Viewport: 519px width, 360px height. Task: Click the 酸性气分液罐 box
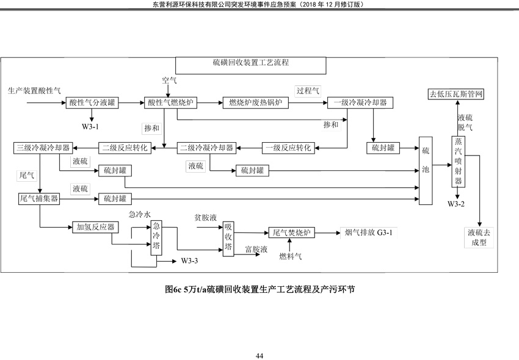(x=92, y=103)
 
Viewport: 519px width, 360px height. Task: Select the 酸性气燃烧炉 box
(x=170, y=103)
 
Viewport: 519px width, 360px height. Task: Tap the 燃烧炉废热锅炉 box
(x=255, y=103)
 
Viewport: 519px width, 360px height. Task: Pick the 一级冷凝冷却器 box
(x=360, y=103)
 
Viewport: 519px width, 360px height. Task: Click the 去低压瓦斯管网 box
(x=456, y=94)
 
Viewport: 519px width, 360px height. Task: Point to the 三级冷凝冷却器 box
(x=43, y=148)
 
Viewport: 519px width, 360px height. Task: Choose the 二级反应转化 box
(x=125, y=148)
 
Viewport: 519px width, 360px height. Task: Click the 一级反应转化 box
(x=288, y=148)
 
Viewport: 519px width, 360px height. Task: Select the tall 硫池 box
(x=426, y=170)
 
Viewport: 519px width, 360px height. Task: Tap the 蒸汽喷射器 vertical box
(x=458, y=162)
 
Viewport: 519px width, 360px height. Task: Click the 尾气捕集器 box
(x=39, y=198)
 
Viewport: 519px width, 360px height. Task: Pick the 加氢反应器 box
(x=95, y=228)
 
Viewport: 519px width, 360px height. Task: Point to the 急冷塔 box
(x=156, y=238)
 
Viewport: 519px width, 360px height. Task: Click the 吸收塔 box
(x=228, y=239)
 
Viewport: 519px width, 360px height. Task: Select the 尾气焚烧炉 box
(x=291, y=233)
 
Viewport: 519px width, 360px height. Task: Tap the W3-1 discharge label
(x=90, y=127)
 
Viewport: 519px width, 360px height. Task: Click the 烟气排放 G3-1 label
(x=368, y=233)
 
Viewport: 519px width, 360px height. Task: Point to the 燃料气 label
(x=291, y=256)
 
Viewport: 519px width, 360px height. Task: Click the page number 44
(x=259, y=356)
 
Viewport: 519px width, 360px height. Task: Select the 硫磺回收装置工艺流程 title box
(x=250, y=65)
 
